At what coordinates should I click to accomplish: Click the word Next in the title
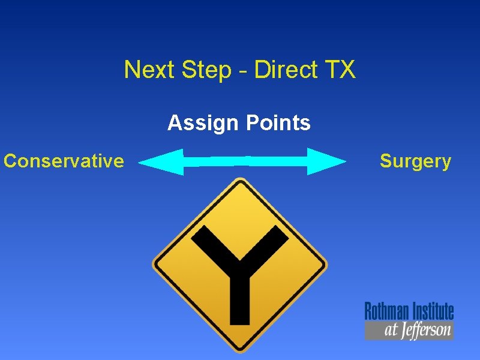pyautogui.click(x=145, y=70)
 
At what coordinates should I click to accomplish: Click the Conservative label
pyautogui.click(x=64, y=161)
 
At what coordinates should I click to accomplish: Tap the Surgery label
pyautogui.click(x=415, y=161)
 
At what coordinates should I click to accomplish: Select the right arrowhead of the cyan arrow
pyautogui.click(x=326, y=161)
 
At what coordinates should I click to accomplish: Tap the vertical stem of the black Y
pyautogui.click(x=240, y=294)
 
